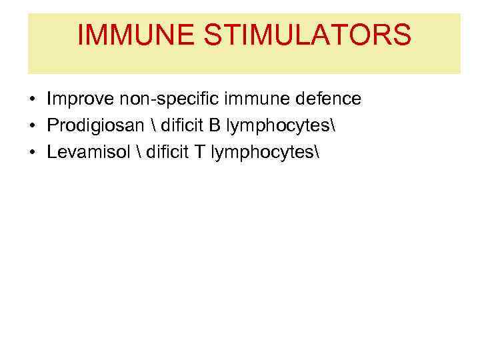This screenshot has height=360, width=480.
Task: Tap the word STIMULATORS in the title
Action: (x=309, y=35)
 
